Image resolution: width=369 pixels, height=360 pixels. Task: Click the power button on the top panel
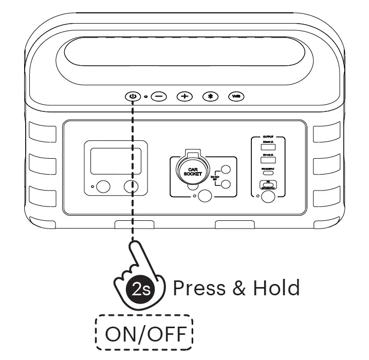(x=133, y=96)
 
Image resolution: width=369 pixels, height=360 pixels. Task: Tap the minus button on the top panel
(x=159, y=97)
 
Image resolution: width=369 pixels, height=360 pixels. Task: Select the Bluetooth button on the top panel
(x=210, y=97)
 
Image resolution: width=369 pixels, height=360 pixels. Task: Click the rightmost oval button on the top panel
(x=236, y=97)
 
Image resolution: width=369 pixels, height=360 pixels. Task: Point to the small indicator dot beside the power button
(x=145, y=97)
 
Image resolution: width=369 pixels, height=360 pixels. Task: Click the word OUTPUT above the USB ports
(x=268, y=138)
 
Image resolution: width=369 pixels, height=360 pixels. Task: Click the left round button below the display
(x=103, y=186)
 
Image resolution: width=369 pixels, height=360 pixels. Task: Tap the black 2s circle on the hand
(x=140, y=288)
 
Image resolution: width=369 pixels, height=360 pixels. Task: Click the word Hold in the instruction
(x=276, y=288)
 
